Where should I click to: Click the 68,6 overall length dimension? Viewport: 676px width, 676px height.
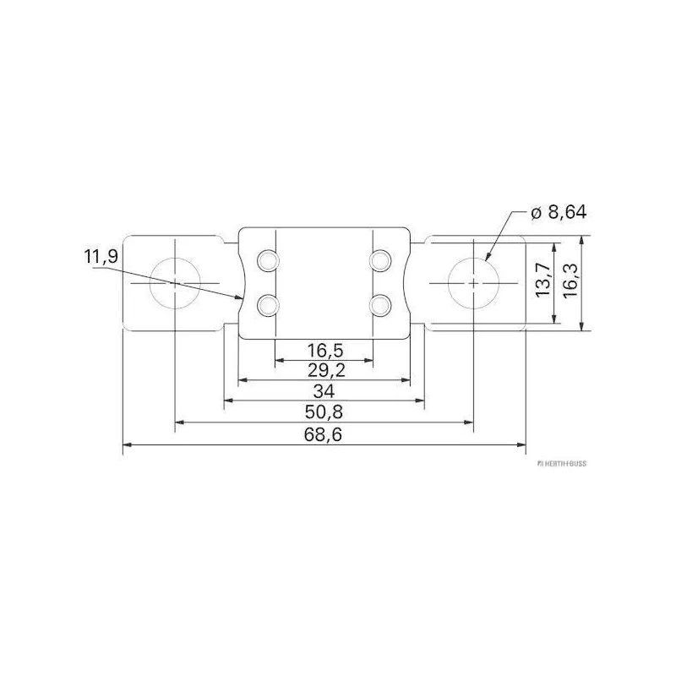click(x=324, y=433)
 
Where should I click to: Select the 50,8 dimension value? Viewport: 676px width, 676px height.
click(x=324, y=412)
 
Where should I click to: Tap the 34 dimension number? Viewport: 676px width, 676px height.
click(x=324, y=391)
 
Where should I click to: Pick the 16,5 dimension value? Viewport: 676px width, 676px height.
click(x=324, y=350)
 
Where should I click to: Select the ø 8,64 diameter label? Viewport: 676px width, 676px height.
click(x=559, y=213)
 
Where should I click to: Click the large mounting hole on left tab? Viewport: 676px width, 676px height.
click(x=174, y=282)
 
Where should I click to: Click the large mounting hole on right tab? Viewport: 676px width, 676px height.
click(x=473, y=282)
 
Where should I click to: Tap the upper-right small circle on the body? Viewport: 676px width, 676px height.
click(x=380, y=259)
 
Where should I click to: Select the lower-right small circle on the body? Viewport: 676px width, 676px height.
click(x=380, y=303)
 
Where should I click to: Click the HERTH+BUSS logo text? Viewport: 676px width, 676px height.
click(x=561, y=464)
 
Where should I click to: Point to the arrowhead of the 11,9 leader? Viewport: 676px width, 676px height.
click(x=241, y=297)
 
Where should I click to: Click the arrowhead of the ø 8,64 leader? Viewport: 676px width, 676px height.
click(x=487, y=256)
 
